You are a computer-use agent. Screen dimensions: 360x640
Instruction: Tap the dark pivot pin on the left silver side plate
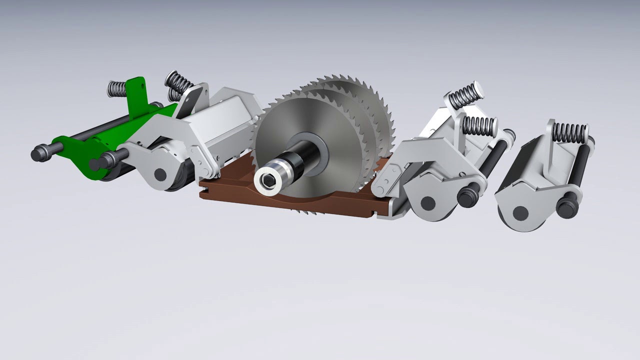point(159,174)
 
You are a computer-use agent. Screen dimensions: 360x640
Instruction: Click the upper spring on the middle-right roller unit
point(464,96)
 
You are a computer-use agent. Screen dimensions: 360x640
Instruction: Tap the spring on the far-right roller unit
point(570,132)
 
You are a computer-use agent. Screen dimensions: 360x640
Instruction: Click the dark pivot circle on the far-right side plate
point(520,213)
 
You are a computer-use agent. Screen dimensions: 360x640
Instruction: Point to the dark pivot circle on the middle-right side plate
point(427,203)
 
